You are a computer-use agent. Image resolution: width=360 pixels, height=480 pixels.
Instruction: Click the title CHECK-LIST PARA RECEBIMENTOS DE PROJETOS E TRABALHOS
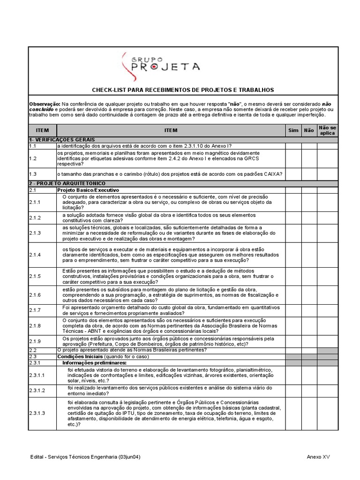coord(182,90)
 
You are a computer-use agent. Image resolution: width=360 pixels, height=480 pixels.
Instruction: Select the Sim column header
coord(293,130)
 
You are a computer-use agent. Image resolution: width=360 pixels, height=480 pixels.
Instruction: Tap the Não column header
coord(309,130)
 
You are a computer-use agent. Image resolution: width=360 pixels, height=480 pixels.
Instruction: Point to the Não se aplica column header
coord(327,130)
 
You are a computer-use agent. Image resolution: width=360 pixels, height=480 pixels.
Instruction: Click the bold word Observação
coord(45,103)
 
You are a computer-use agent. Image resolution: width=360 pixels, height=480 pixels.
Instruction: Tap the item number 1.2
coord(32,158)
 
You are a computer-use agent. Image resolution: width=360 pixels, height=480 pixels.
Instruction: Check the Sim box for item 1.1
coord(293,146)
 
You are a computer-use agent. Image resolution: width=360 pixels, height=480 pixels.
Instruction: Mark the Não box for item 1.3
coord(309,174)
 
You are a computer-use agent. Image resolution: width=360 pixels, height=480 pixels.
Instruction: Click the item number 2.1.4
coord(35,255)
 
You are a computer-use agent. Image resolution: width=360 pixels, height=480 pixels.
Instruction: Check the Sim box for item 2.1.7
coord(293,310)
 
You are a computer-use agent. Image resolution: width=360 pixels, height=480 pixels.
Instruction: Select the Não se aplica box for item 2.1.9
coord(327,341)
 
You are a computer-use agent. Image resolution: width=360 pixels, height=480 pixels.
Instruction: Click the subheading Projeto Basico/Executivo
coord(88,190)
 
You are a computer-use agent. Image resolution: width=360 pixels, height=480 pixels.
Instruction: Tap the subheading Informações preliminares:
coord(94,363)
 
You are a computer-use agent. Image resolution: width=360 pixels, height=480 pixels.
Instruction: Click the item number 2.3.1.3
coord(37,413)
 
